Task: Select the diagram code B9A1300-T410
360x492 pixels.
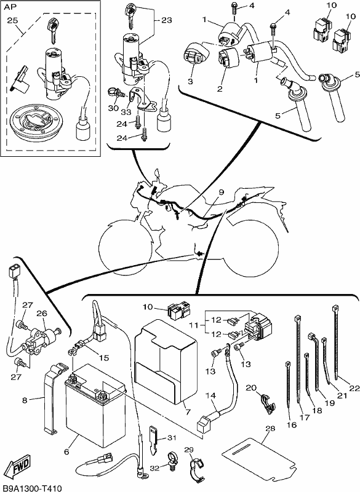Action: click(31, 488)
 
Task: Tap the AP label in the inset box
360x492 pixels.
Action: click(9, 7)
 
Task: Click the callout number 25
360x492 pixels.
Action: click(12, 20)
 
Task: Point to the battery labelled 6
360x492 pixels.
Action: click(95, 406)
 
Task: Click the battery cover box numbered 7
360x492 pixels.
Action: click(166, 361)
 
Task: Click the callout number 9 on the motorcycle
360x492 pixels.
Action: click(222, 192)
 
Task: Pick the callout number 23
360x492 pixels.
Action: click(167, 20)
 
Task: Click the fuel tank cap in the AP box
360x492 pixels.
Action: click(34, 121)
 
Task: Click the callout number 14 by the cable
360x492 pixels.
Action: click(211, 395)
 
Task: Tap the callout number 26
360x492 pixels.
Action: click(42, 313)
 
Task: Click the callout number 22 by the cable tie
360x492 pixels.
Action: click(354, 389)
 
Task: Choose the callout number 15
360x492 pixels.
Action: click(104, 358)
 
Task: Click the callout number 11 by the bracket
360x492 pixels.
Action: click(194, 325)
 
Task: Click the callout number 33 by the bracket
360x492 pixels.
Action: click(126, 112)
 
